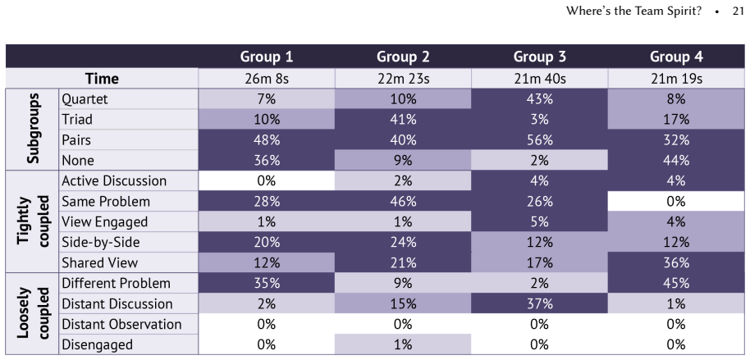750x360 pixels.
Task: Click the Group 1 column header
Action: click(x=267, y=57)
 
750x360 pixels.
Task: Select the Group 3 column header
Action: click(x=540, y=57)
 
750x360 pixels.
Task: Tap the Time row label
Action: click(x=102, y=79)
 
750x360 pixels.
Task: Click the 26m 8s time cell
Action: click(x=267, y=79)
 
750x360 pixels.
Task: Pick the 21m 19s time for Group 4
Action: click(x=676, y=79)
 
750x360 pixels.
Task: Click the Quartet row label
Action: click(x=85, y=99)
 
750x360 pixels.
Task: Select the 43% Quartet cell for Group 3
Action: click(x=540, y=99)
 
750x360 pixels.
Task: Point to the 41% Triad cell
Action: click(x=403, y=120)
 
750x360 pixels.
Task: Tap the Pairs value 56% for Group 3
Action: click(x=540, y=140)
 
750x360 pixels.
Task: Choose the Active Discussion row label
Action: click(x=114, y=180)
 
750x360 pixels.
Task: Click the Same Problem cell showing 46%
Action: click(x=403, y=201)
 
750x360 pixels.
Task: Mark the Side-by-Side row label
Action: click(x=100, y=243)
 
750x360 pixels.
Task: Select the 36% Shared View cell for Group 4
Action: click(x=676, y=263)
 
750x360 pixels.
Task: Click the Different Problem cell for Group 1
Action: click(x=267, y=284)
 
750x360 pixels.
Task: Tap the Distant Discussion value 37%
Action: click(x=540, y=304)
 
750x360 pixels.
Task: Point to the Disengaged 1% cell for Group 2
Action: click(x=403, y=344)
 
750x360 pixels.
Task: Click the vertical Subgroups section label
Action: click(x=33, y=129)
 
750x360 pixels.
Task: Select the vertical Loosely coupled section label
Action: click(x=33, y=313)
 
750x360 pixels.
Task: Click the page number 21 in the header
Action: click(x=738, y=11)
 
